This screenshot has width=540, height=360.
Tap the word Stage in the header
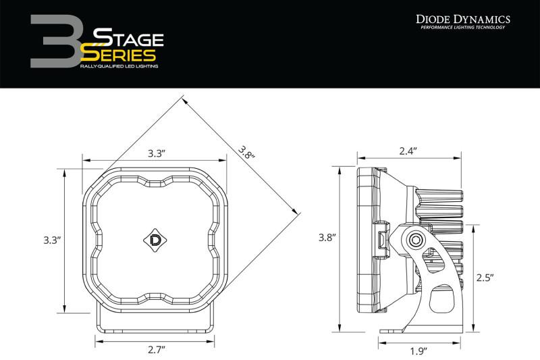[x=123, y=36]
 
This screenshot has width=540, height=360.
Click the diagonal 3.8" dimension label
[x=247, y=154]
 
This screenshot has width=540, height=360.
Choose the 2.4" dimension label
[x=407, y=152]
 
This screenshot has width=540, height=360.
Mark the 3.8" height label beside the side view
[x=327, y=238]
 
